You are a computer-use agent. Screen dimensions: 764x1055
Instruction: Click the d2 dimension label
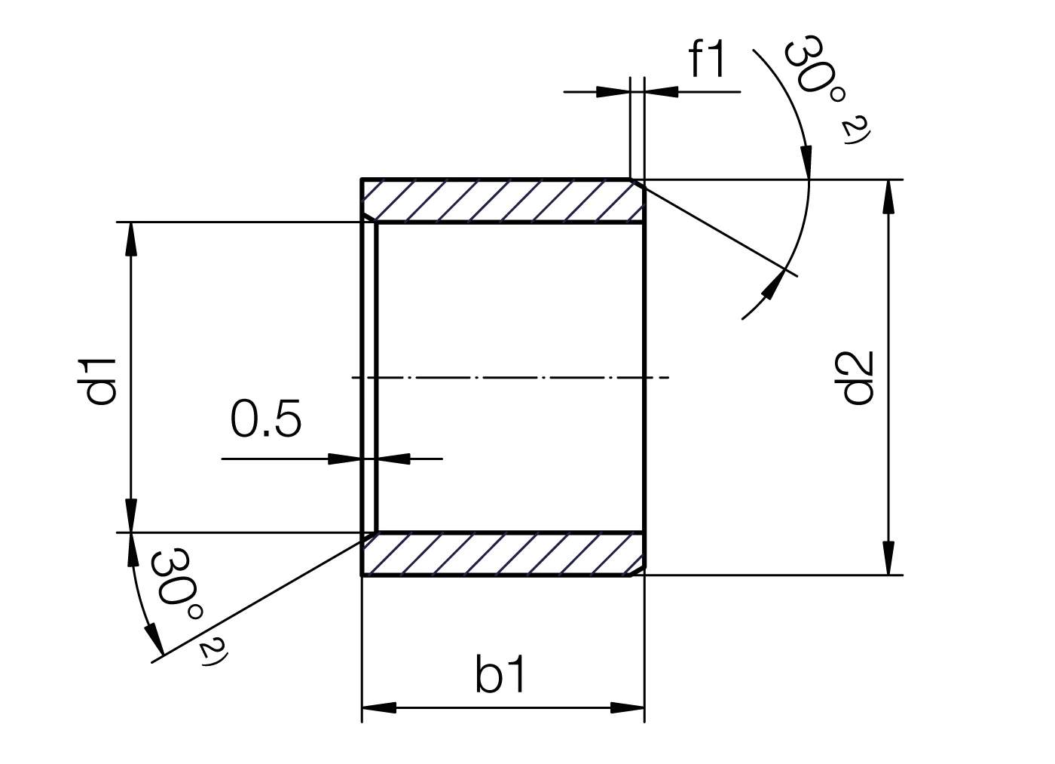pos(858,377)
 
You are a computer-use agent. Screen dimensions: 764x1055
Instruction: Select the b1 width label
pos(501,674)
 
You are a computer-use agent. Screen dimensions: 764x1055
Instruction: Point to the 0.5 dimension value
pos(265,419)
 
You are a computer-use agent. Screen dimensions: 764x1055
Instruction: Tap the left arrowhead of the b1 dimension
pos(379,708)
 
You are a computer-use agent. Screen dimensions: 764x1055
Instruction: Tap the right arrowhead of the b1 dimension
pos(628,708)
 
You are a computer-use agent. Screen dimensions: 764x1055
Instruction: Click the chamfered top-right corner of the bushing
pos(638,183)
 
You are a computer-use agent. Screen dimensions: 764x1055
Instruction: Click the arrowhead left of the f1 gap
pos(613,92)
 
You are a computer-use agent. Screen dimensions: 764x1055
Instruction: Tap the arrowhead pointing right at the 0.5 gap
pos(346,458)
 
